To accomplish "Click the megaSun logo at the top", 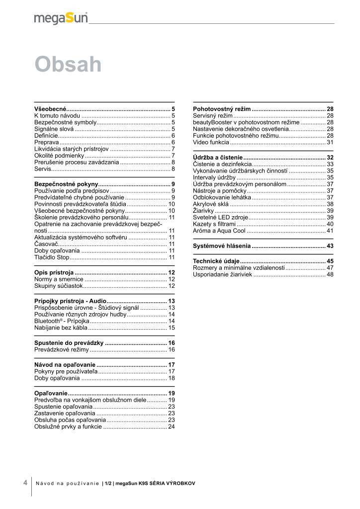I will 61,18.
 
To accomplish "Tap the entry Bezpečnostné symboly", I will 65,122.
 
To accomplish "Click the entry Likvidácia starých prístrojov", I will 72,149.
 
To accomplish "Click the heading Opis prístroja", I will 54,273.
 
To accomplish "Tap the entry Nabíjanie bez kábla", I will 61,328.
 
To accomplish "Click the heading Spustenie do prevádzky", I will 69,343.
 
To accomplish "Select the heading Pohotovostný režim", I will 221,108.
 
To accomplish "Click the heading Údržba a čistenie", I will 217,158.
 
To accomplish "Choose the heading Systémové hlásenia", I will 222,246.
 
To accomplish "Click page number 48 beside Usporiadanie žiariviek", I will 330,274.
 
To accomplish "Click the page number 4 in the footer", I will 25,483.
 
